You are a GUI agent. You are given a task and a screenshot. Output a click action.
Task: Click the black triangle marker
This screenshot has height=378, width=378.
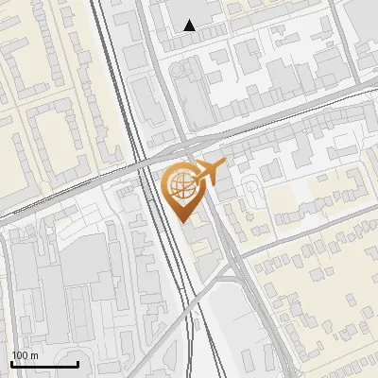tap(190, 26)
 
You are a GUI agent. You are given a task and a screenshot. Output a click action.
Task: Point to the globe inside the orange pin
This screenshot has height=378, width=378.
tap(180, 185)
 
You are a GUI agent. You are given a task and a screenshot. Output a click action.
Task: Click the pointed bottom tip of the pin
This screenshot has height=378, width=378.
tap(184, 222)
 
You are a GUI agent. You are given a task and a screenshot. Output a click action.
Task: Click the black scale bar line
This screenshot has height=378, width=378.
tap(44, 364)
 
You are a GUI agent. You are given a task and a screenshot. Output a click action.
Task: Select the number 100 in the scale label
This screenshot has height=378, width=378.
tap(20, 355)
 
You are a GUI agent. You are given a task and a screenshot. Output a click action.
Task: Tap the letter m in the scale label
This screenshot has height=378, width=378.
tap(34, 355)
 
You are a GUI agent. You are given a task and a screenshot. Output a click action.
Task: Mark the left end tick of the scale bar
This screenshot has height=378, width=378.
tap(11, 362)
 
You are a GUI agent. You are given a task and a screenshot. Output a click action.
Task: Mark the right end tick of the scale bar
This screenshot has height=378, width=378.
tap(77, 362)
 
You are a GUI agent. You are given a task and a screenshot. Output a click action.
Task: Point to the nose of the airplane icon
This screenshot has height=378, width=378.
tap(225, 166)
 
